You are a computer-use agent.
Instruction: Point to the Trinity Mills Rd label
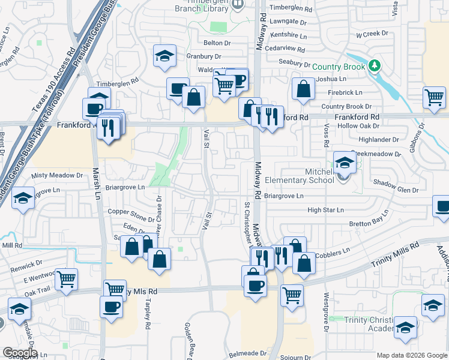394,255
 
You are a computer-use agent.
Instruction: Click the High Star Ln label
325,210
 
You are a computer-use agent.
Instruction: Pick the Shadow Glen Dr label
395,190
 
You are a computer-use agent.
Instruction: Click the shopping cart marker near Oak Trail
67,278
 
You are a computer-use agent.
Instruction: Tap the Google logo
20,353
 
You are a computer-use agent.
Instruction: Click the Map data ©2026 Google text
411,355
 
